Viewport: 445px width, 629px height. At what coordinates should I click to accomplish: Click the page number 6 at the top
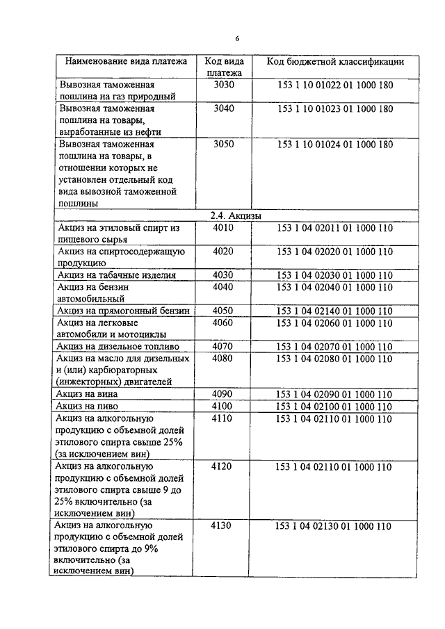click(x=236, y=38)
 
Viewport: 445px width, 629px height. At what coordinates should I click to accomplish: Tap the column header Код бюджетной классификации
click(x=335, y=61)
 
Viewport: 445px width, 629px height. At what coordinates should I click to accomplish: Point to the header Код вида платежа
click(x=224, y=66)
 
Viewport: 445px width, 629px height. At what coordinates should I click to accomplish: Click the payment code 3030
click(x=224, y=85)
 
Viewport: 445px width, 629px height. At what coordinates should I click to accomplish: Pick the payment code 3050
click(x=224, y=145)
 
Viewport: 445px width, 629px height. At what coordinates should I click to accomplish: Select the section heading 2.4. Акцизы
click(x=236, y=216)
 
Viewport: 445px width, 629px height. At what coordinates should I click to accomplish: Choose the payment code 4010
click(x=224, y=227)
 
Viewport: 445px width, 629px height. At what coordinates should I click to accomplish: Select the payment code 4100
click(x=224, y=406)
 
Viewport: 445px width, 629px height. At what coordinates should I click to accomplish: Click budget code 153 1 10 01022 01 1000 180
click(x=335, y=85)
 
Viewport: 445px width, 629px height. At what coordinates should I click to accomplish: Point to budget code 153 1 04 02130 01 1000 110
click(x=335, y=526)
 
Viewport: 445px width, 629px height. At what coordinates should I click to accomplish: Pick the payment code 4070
click(x=224, y=345)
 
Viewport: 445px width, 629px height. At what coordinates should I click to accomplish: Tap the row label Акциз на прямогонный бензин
click(x=124, y=310)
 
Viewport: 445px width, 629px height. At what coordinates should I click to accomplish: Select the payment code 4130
click(x=224, y=526)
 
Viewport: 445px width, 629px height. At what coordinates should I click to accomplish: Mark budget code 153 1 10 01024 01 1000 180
click(x=335, y=145)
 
